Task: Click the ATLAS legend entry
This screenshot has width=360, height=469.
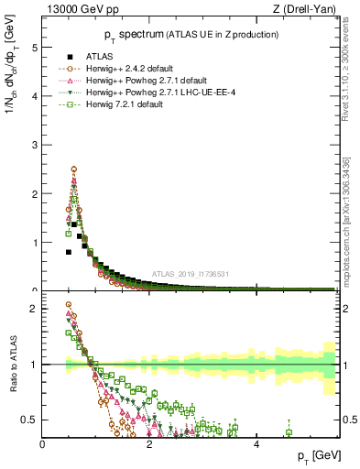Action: [102, 57]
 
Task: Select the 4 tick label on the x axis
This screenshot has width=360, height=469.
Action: [256, 443]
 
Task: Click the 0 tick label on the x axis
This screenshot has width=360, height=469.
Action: [43, 443]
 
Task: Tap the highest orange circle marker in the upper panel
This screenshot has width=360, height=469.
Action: [73, 169]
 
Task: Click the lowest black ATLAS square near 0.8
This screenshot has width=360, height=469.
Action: [69, 252]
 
